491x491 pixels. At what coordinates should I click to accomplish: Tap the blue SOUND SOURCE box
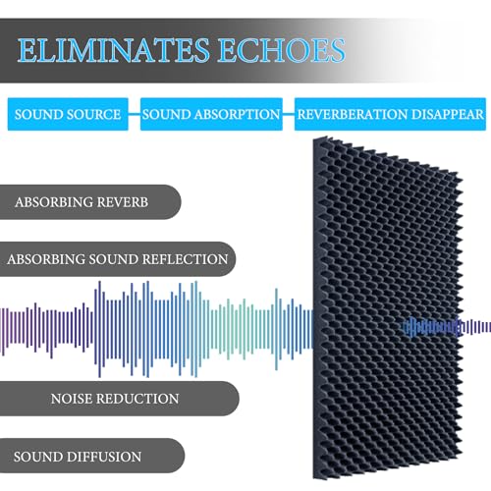(68, 114)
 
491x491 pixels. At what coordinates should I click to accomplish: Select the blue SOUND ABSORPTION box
(211, 114)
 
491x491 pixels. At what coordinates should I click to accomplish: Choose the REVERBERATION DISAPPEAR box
(390, 114)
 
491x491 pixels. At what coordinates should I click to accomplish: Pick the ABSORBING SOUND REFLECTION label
(117, 260)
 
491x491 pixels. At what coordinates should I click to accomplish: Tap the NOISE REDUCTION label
(114, 399)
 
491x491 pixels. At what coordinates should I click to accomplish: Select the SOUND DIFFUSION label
(78, 457)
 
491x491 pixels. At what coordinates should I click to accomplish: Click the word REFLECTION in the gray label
(184, 260)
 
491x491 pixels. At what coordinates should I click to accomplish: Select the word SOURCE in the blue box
(94, 114)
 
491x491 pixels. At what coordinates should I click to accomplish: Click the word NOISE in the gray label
(75, 399)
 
